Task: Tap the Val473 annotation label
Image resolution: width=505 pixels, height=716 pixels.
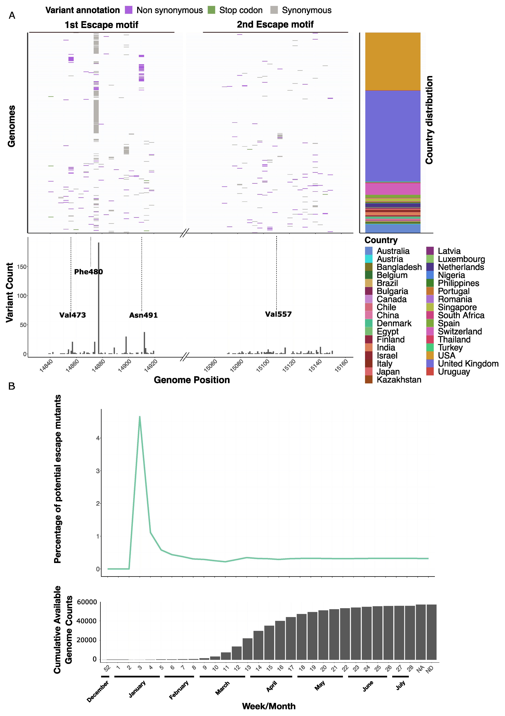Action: click(x=72, y=315)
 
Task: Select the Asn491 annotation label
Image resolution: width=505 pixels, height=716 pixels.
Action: click(x=144, y=315)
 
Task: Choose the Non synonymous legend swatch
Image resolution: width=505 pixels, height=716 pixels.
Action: click(x=129, y=10)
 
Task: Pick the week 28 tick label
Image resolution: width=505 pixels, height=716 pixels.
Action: click(x=410, y=668)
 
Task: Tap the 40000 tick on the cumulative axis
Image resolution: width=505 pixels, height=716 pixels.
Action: click(x=86, y=621)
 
